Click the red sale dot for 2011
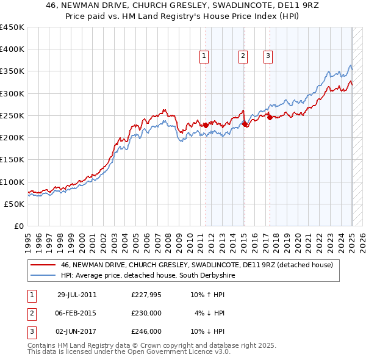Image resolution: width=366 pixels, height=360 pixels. (206, 125)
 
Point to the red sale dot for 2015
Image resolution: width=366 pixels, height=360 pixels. (245, 124)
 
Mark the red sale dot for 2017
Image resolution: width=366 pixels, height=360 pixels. (270, 117)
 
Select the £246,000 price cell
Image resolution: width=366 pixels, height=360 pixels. (146, 332)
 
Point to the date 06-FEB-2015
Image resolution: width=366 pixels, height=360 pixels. (77, 314)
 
